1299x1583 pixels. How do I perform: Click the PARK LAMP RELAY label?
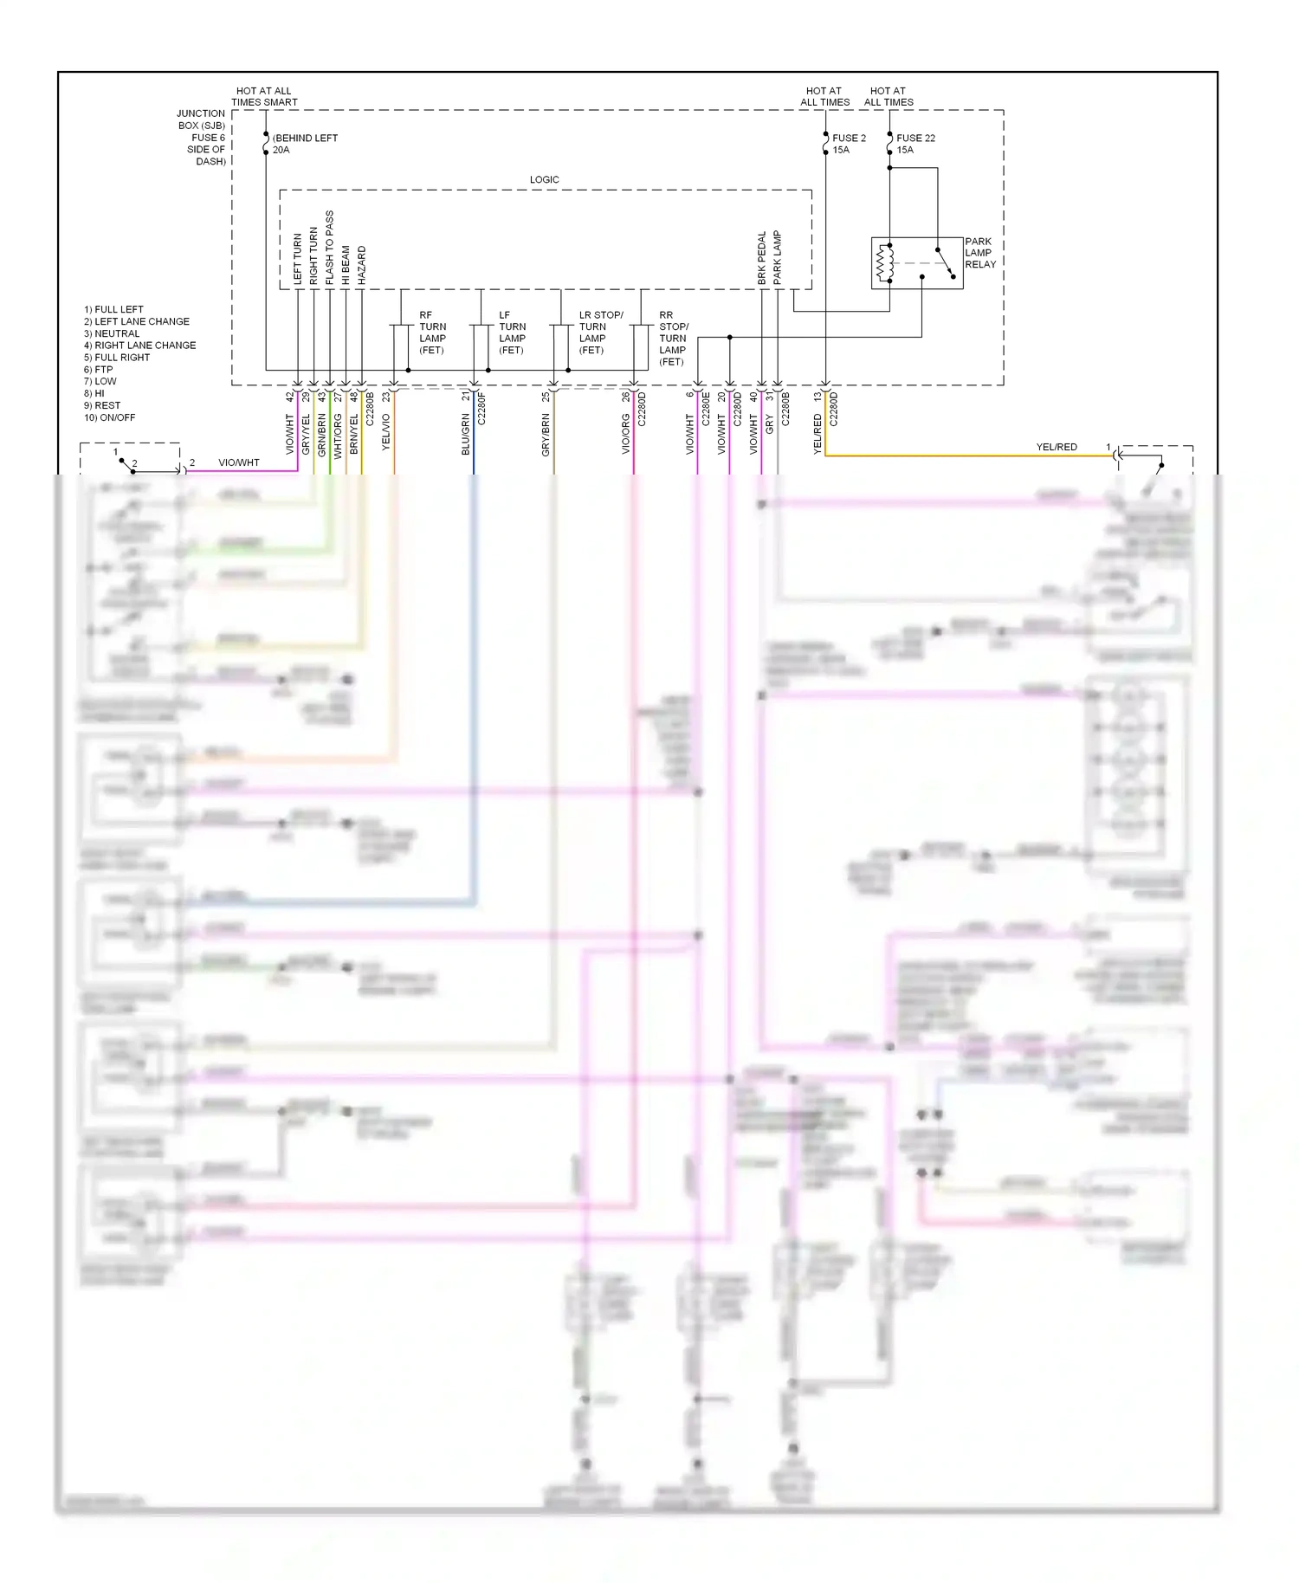[979, 253]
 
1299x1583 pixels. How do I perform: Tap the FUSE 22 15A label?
[914, 144]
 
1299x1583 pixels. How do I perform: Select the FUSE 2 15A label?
[848, 144]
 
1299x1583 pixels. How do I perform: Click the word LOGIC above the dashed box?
[544, 179]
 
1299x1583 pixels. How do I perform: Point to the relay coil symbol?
[885, 262]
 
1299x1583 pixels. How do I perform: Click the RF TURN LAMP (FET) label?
[432, 333]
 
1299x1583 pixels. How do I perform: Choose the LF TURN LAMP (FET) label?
[512, 333]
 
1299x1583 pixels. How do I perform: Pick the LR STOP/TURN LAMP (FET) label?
[599, 333]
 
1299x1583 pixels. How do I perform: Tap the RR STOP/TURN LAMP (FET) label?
[673, 339]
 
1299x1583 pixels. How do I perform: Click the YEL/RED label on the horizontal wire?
[1057, 447]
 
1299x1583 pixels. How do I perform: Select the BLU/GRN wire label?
[466, 434]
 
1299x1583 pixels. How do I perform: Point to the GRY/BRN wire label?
[546, 434]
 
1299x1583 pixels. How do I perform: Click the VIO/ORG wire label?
[625, 434]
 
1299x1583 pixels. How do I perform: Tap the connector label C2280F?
[481, 409]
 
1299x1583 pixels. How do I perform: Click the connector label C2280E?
[706, 409]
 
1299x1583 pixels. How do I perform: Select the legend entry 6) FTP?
[98, 369]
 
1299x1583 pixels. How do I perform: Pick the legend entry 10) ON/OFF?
[109, 417]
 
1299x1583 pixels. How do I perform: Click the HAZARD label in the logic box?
[361, 266]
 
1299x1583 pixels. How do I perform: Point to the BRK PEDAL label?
[762, 258]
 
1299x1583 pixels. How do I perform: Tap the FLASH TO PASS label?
[329, 248]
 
